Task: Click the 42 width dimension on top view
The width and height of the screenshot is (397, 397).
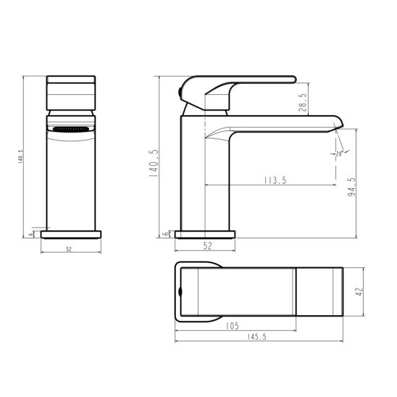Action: pos(358,290)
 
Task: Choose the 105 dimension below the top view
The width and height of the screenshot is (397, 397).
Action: pos(233,326)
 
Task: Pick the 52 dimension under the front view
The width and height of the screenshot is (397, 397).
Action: pos(70,249)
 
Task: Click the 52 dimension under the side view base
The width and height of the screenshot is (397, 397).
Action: pos(207,246)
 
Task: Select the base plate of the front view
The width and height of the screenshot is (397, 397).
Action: pos(70,234)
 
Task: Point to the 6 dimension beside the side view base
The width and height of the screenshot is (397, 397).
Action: pos(166,233)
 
